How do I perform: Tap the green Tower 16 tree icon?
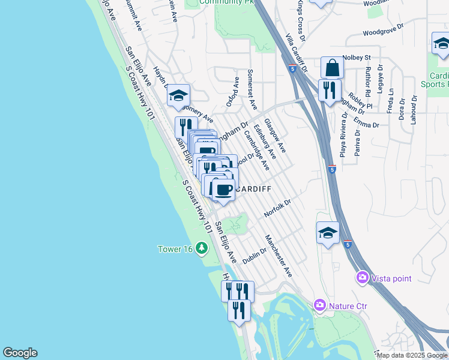tap(202, 248)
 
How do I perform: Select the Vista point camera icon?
tap(363, 277)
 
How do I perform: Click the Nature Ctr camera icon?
tap(319, 305)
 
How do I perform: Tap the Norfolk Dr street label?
tap(277, 209)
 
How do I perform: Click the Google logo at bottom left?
tap(20, 353)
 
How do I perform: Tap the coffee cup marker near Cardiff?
tap(224, 191)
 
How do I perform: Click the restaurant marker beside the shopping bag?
tap(330, 91)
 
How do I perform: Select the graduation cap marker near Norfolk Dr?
tap(328, 233)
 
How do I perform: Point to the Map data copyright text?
tap(412, 355)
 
